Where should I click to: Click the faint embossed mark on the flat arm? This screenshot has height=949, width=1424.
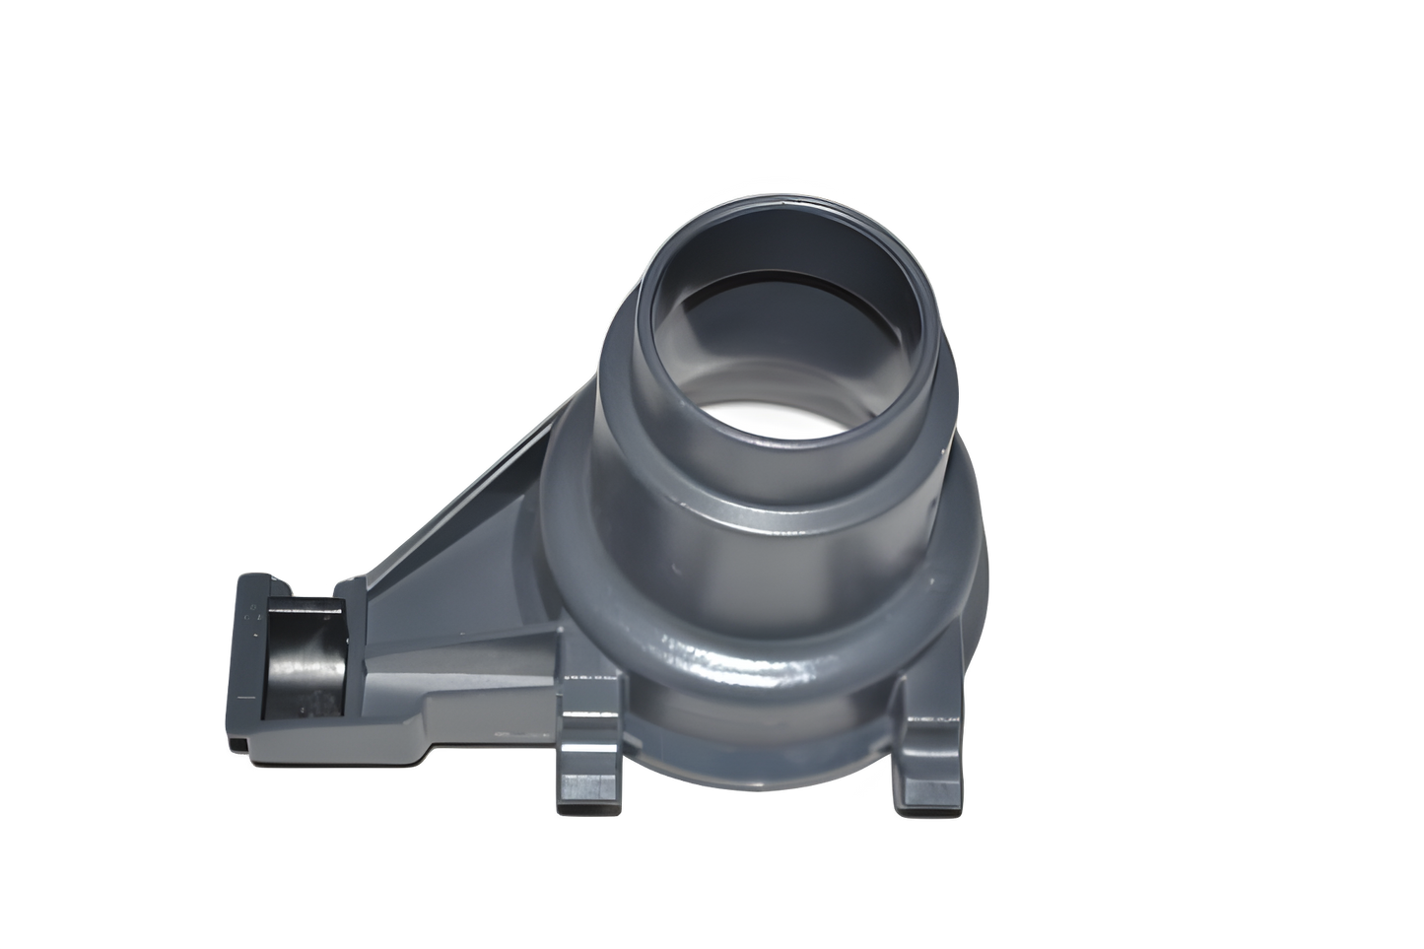(x=512, y=734)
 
